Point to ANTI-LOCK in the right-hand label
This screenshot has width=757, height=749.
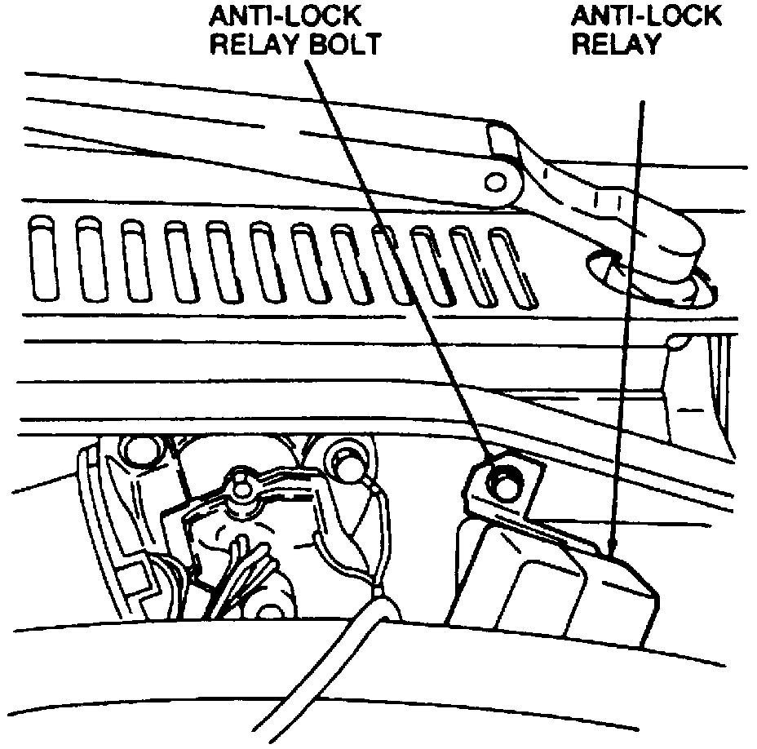coord(645,16)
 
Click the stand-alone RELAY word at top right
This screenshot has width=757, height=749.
coord(617,43)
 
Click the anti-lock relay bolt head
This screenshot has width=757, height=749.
coord(499,481)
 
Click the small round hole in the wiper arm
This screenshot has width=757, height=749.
coord(494,181)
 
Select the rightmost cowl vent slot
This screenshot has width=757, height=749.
coord(512,265)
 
